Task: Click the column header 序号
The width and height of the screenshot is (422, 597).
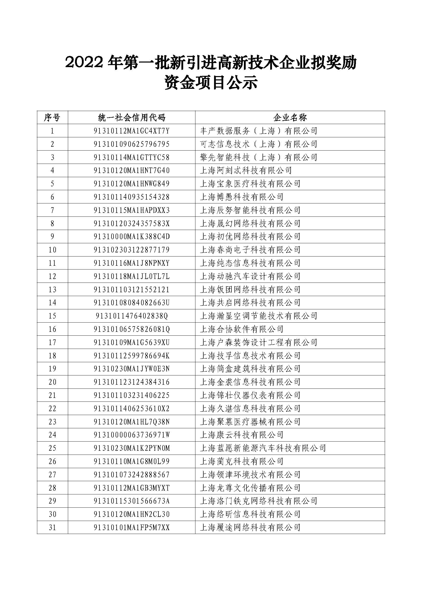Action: (52, 117)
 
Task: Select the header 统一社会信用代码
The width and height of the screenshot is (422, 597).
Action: (131, 117)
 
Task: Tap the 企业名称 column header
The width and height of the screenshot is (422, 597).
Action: (290, 117)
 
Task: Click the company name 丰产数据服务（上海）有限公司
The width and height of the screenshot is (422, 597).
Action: (258, 131)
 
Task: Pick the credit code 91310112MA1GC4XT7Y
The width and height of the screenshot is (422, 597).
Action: (131, 131)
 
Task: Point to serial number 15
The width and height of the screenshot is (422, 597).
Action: (52, 316)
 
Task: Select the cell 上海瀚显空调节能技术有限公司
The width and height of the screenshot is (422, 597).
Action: (258, 316)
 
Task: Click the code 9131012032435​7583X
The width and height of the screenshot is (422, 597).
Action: (131, 223)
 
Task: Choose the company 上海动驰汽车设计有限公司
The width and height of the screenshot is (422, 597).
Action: (250, 276)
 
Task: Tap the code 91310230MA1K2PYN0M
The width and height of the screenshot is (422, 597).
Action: (131, 448)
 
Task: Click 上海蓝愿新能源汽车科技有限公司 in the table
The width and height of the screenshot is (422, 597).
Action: (263, 448)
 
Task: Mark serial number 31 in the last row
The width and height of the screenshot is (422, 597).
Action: (52, 528)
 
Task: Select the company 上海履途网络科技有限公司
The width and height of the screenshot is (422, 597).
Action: (250, 528)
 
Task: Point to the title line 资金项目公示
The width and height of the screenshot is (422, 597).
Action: (211, 83)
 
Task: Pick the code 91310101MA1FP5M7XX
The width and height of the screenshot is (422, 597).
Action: (131, 528)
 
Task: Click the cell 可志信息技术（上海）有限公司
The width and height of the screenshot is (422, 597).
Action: (258, 144)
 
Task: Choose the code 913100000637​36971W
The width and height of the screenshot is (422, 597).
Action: (131, 435)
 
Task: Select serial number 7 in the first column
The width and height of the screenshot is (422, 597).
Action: (52, 210)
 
